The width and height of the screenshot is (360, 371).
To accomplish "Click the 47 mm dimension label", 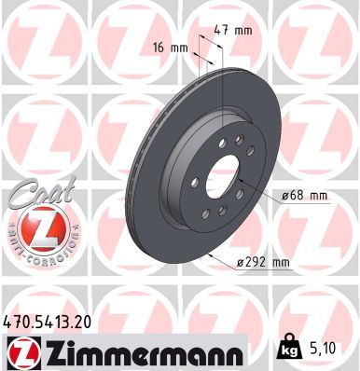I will click(x=231, y=30).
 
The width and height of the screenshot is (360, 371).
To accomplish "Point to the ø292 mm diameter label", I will click(x=263, y=262).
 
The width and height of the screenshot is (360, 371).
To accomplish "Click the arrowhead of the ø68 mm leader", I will click(x=240, y=184).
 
